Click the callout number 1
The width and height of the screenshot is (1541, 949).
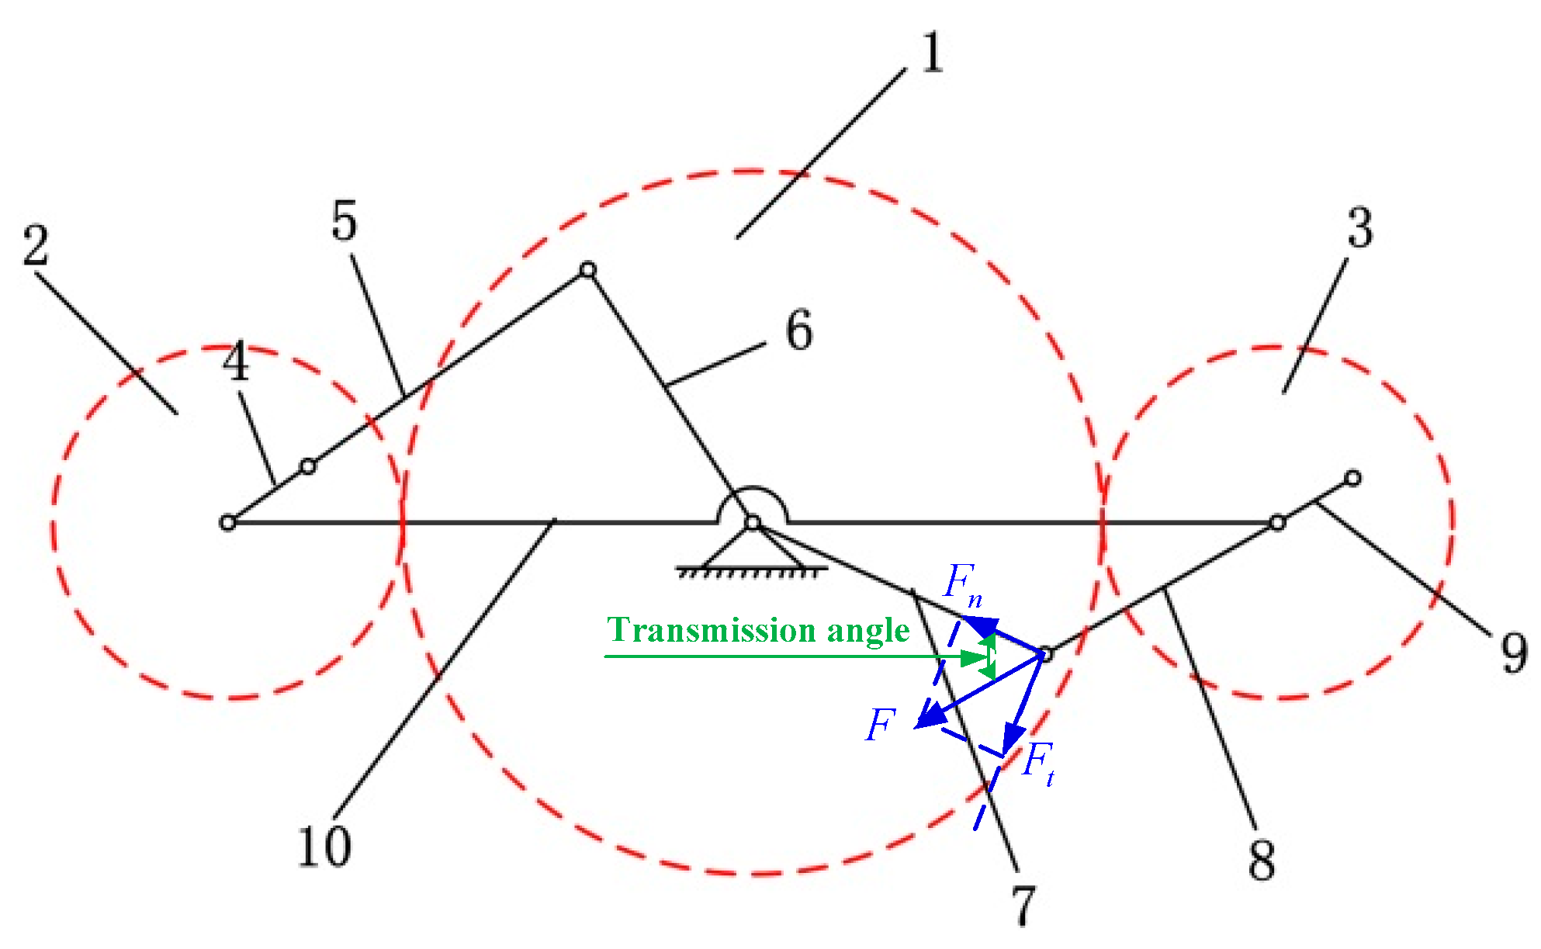point(933,53)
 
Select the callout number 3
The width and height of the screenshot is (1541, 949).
point(1359,228)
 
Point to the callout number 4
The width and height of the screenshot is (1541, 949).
point(236,362)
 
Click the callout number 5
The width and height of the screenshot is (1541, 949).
point(345,220)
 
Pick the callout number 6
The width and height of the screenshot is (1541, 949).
point(799,330)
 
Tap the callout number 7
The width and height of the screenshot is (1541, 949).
point(1023,905)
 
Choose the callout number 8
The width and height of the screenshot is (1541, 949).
point(1262,859)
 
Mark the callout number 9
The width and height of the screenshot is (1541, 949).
point(1514,653)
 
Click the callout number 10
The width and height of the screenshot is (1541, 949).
point(324,846)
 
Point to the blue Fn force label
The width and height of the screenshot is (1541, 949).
point(962,584)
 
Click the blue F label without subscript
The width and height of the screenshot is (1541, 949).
point(881,726)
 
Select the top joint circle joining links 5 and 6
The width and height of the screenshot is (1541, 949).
point(588,270)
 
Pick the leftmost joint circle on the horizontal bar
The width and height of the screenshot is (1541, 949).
point(227,523)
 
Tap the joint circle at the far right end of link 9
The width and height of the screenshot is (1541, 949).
point(1352,478)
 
